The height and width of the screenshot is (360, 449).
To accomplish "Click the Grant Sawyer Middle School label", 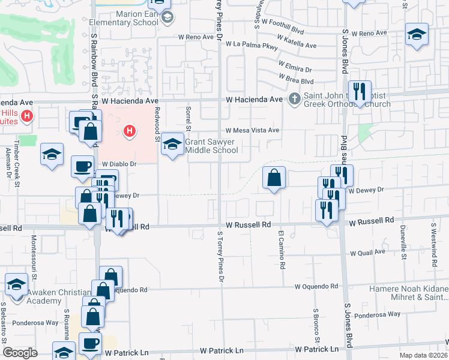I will tap(211, 146).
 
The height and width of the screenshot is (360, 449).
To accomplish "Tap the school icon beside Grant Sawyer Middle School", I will tap(173, 144).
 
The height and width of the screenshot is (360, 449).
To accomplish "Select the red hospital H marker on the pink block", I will tap(128, 131).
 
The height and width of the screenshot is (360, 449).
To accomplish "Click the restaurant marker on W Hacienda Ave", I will tap(360, 92).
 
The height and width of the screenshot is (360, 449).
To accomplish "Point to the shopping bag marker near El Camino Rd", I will tap(274, 178).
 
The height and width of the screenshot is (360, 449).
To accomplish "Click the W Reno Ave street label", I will tap(196, 37).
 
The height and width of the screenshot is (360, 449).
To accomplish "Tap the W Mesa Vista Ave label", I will tap(253, 130).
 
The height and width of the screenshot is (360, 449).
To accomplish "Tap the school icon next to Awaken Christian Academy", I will tap(16, 284).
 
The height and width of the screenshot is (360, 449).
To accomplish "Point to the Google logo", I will tap(20, 353).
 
